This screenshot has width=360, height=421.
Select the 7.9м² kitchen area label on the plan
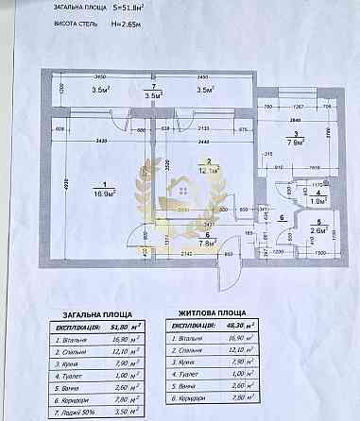click(295, 144)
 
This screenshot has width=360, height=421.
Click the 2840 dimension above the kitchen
click(294, 122)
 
